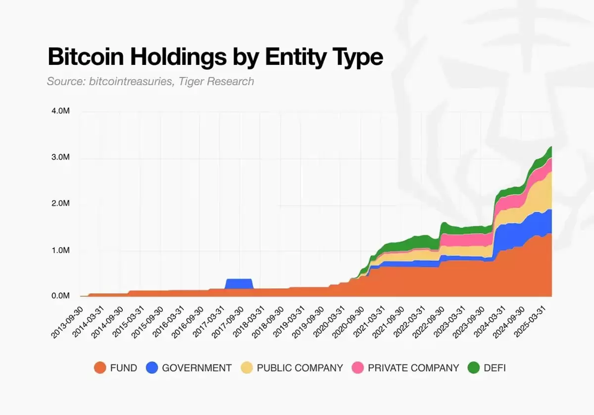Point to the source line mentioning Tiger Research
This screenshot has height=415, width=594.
[150, 81]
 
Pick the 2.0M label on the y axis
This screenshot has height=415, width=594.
[60, 204]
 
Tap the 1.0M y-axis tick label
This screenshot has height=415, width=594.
[60, 251]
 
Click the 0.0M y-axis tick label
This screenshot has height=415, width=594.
[60, 296]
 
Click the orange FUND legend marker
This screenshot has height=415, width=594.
[100, 368]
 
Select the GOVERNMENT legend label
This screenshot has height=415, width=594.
[197, 368]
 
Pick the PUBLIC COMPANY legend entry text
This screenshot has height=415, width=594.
[300, 368]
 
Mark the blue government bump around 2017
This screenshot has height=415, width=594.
[239, 284]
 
